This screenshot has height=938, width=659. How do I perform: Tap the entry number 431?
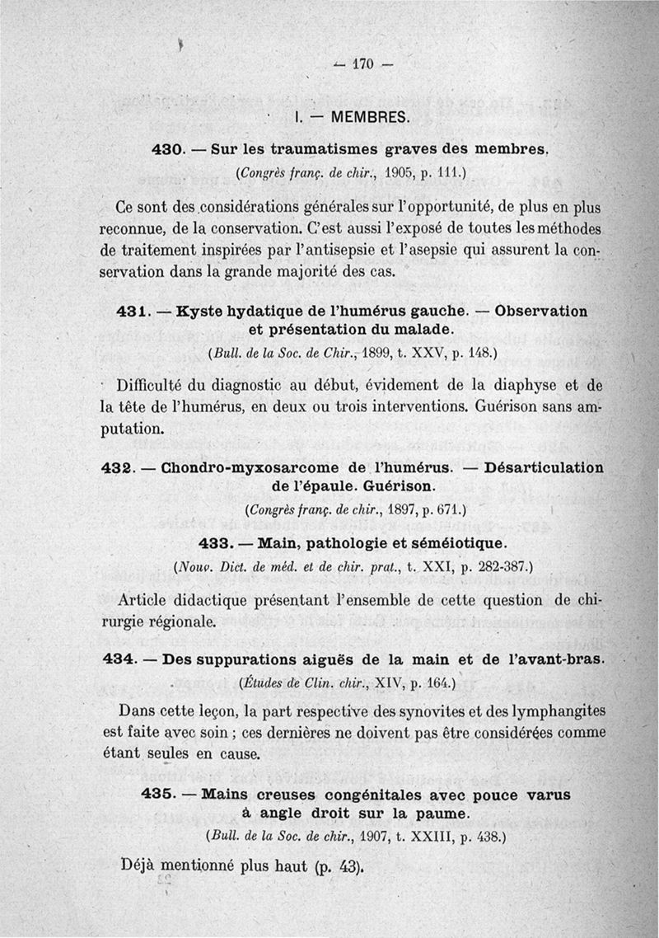(132, 312)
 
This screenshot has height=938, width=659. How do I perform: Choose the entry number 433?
(217, 544)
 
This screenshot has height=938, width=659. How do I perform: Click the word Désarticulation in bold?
(544, 467)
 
